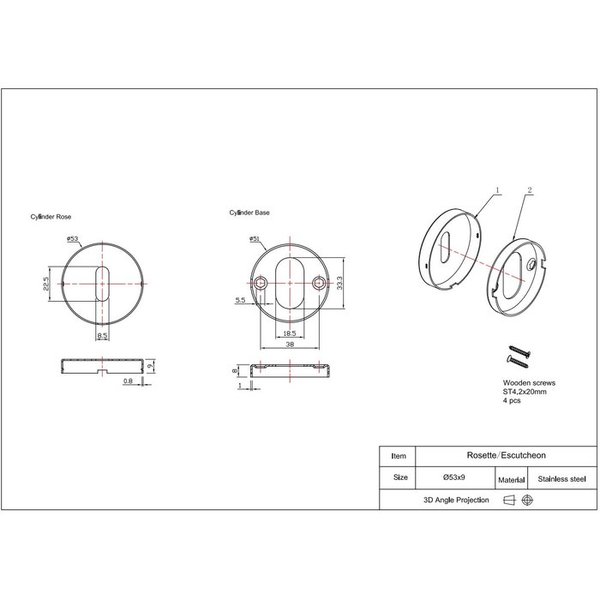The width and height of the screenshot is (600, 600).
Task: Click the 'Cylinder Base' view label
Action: [x=249, y=212]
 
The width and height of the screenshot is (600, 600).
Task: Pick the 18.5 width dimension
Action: [x=289, y=333]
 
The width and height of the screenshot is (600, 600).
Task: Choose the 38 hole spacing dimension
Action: [x=291, y=344]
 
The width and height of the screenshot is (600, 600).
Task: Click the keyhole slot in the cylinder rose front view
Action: [x=102, y=281]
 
